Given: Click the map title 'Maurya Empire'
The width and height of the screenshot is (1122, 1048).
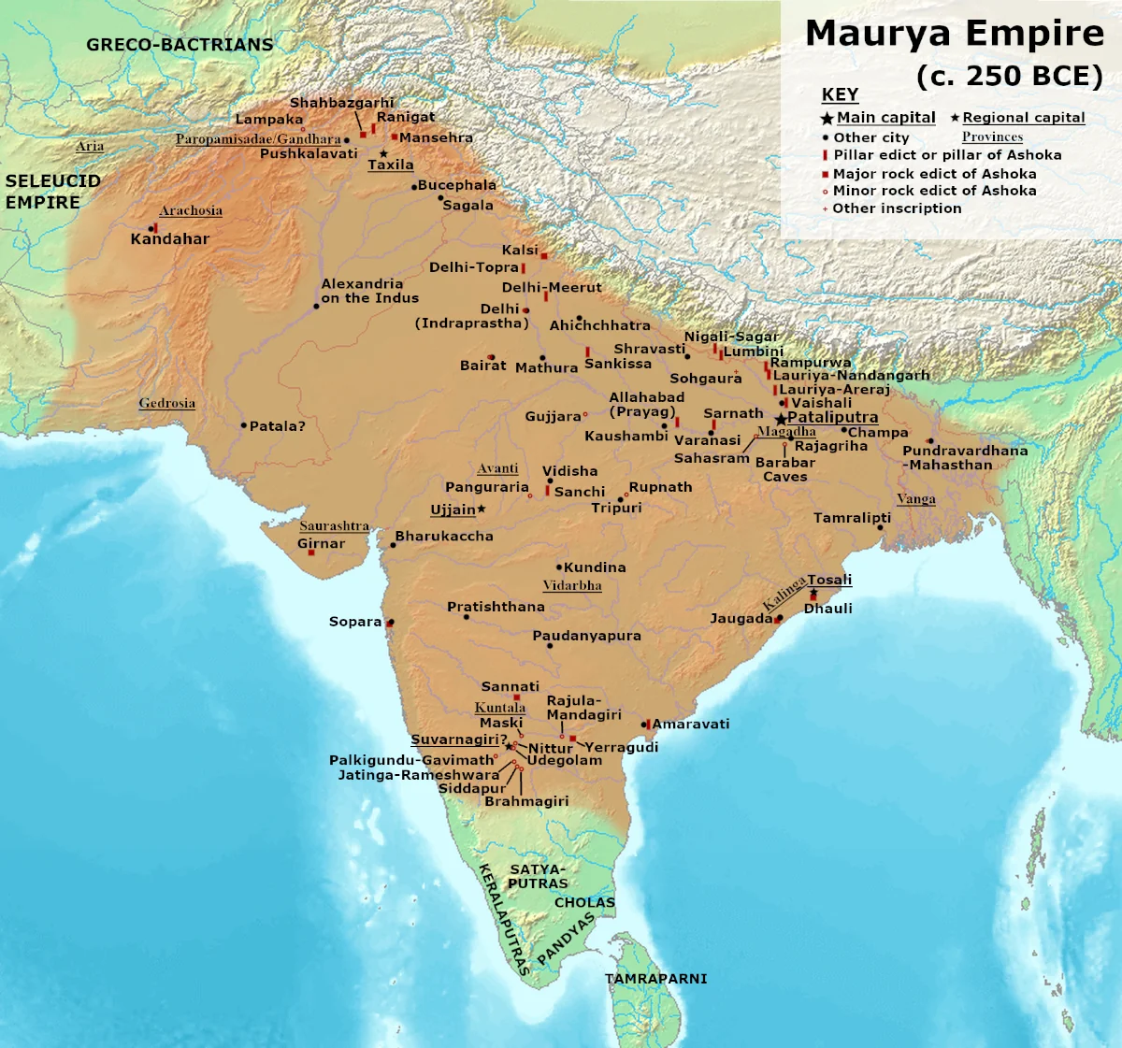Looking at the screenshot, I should (x=955, y=34).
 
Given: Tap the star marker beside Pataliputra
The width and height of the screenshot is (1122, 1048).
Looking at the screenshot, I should (x=780, y=419).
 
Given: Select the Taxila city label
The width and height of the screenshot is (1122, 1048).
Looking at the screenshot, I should (x=390, y=165).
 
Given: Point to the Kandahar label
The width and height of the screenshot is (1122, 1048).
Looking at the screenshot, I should (x=169, y=239).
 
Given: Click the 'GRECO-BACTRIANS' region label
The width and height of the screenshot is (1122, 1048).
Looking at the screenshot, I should (x=180, y=45).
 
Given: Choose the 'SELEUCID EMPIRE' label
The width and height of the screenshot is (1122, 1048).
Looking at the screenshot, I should (x=52, y=192).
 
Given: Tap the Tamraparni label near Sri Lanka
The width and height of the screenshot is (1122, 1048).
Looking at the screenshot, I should (x=655, y=979).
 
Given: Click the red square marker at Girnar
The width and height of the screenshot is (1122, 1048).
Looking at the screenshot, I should (x=311, y=553).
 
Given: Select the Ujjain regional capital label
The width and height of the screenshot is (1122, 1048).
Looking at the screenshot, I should (x=453, y=510).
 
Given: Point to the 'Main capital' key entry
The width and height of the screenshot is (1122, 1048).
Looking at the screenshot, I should (x=885, y=118).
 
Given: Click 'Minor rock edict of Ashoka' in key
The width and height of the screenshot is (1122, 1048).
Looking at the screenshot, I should (x=934, y=191).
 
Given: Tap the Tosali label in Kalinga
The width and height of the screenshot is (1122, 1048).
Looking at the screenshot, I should (x=829, y=580).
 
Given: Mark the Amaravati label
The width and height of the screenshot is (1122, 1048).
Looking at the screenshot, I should (x=691, y=725).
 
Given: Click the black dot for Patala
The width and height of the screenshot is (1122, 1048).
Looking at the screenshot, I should (x=244, y=425).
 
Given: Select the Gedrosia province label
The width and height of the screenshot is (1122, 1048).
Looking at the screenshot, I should (x=166, y=404).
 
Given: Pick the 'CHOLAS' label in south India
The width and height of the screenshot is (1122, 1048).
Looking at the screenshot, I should (x=584, y=903).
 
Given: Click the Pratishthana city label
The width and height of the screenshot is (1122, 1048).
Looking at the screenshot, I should (x=496, y=607).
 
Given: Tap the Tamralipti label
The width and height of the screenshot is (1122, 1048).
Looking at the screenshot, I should (x=852, y=518).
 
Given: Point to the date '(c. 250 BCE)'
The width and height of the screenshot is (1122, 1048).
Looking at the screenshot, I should (x=1010, y=77).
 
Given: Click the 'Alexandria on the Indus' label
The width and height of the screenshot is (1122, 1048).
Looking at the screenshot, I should (x=369, y=291).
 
